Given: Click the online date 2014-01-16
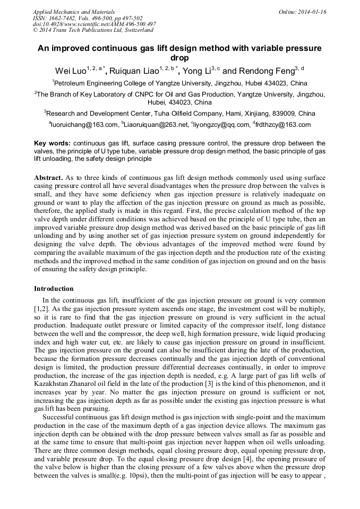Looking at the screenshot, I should [x=310, y=12].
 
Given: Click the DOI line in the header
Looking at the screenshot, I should [x=94, y=24].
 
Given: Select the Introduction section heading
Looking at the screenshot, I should [x=54, y=289].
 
